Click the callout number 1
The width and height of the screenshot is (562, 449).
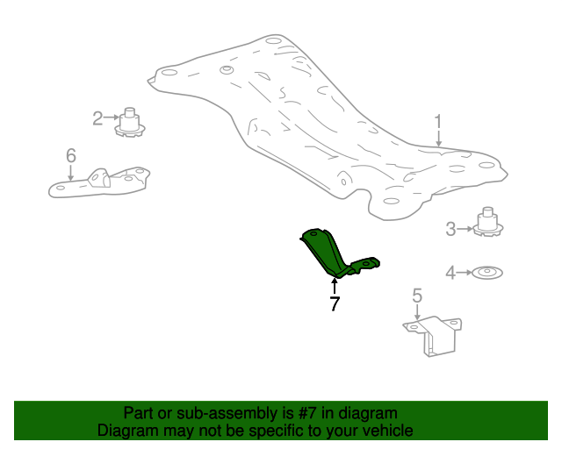click(x=438, y=122)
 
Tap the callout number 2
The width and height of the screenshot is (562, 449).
click(x=97, y=118)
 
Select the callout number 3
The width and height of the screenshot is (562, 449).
click(x=450, y=229)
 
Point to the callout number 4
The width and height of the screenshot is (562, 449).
click(x=450, y=273)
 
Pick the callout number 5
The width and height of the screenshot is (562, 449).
click(x=417, y=296)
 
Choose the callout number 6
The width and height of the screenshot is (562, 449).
click(x=71, y=156)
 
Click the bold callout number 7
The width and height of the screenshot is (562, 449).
click(x=335, y=303)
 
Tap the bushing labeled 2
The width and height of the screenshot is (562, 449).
click(x=130, y=123)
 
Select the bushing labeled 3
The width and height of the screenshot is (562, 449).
click(x=488, y=222)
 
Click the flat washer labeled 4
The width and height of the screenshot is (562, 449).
click(x=487, y=273)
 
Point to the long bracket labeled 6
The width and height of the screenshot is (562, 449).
click(x=99, y=182)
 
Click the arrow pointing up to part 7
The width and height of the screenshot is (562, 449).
click(x=335, y=287)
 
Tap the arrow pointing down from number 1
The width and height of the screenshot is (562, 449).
click(x=438, y=139)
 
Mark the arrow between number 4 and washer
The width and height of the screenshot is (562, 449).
click(x=465, y=273)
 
